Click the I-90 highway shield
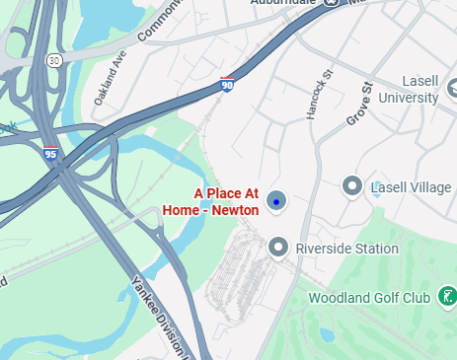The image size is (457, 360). (x=227, y=86)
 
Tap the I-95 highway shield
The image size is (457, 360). (x=50, y=154)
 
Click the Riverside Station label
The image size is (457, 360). (x=346, y=249)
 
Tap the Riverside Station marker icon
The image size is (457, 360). (x=279, y=247)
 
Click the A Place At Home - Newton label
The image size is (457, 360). (x=226, y=201)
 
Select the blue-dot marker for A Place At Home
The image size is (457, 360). (x=277, y=201)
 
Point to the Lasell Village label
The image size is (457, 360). (x=410, y=187)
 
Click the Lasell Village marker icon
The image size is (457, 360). (x=350, y=185)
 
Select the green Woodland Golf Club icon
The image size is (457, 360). (x=447, y=296)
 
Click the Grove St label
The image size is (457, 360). (x=355, y=105)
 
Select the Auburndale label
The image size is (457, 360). (x=286, y=4)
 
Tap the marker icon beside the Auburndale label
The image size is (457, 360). (x=333, y=3)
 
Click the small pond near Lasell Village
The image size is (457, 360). (x=376, y=190)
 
